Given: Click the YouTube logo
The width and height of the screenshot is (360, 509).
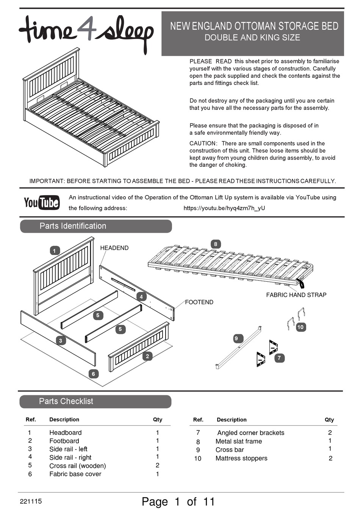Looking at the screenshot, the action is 42,202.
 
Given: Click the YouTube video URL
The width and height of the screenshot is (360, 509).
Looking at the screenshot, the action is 224,208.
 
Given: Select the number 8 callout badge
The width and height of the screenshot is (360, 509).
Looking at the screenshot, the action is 216,244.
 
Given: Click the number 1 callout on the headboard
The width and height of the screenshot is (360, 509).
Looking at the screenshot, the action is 55,251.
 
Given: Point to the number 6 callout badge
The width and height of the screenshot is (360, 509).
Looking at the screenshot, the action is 93,374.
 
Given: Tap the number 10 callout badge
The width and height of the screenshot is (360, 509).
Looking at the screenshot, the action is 301,327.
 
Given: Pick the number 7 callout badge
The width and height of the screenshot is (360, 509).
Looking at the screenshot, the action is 279,358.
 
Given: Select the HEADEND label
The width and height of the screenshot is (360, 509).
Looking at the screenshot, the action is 114,248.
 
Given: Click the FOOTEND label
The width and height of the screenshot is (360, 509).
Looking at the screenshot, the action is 199,302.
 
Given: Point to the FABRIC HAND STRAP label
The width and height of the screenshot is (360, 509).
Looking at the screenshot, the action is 296,295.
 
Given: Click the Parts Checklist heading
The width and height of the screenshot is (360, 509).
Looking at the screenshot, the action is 66,401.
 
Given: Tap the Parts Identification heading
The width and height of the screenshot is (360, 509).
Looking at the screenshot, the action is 73,226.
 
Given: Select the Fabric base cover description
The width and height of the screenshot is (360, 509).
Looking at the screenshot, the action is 75,474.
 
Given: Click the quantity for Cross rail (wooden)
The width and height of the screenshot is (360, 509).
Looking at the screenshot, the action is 157,465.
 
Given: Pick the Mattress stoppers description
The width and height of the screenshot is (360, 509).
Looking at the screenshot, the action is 241,458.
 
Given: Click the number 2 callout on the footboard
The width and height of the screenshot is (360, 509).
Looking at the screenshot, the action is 147,356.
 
